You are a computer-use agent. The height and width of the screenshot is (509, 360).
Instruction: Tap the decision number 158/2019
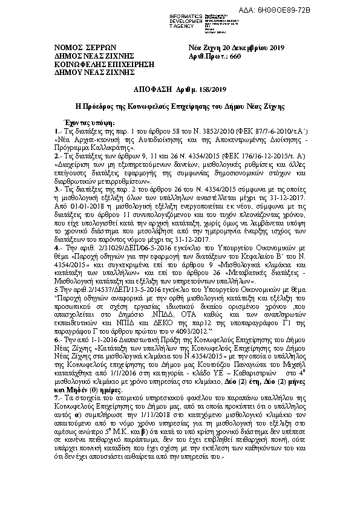click(x=197, y=88)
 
